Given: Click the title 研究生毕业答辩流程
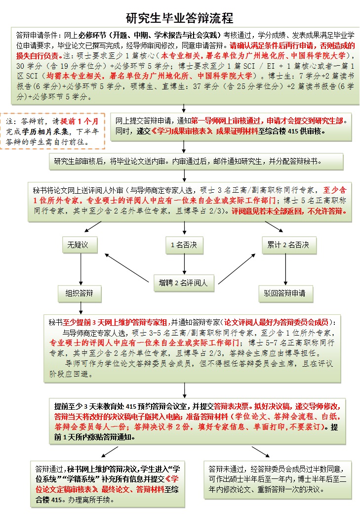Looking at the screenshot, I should click(180, 19).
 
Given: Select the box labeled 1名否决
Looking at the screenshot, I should click(184, 244).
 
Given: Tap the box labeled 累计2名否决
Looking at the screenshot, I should click(288, 244).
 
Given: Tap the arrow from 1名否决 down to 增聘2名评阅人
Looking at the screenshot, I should click(184, 263).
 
